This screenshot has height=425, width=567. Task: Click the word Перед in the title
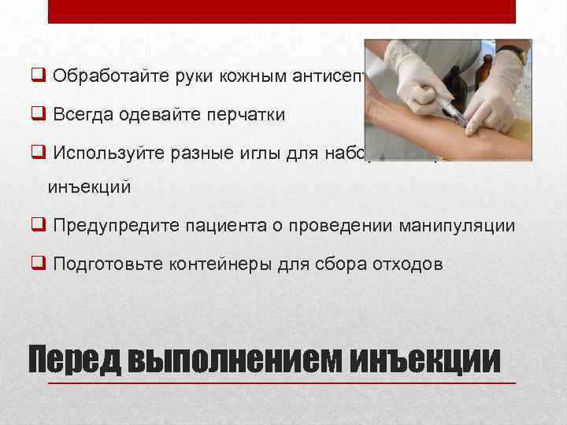[x=72, y=360]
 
